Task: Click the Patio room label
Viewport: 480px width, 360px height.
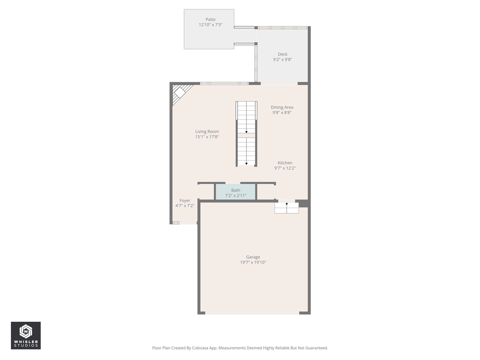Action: (210, 19)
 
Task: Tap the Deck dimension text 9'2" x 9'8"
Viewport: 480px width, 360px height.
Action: (282, 60)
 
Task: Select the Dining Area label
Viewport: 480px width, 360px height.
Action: (282, 107)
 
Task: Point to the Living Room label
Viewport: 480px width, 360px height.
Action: (207, 132)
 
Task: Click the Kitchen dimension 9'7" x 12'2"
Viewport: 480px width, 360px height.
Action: (285, 168)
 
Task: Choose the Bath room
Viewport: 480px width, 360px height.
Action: (235, 192)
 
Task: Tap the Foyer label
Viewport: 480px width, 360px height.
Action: (185, 201)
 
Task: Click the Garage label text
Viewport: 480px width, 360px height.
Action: (253, 257)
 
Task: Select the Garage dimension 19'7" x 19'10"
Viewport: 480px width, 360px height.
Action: (253, 262)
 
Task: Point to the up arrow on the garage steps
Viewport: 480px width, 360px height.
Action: (287, 204)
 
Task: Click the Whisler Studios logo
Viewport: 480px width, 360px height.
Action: (26, 335)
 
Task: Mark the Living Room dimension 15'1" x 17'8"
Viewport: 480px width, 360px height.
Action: (207, 137)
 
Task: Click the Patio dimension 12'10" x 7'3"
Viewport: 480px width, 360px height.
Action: (210, 25)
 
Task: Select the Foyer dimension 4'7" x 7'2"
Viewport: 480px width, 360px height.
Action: (185, 206)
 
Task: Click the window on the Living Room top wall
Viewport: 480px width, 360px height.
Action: (224, 83)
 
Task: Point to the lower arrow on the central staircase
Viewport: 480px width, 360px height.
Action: (246, 163)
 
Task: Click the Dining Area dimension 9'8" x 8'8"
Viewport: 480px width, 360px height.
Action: (282, 112)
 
